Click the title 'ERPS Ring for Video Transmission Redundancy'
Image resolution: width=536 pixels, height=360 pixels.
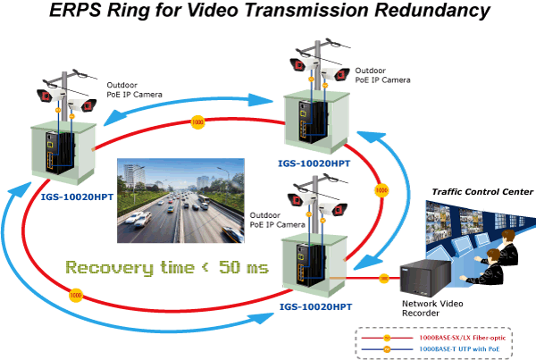pos(268,12)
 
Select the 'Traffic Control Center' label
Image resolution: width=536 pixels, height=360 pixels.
pos(482,192)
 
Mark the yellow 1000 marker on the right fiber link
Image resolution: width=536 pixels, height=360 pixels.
pos(381,190)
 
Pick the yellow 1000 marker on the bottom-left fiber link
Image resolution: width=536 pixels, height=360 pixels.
pos(76,294)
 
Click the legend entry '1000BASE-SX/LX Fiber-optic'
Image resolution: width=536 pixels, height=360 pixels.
pos(464,339)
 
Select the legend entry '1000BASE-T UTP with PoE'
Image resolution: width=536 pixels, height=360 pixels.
pos(464,351)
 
